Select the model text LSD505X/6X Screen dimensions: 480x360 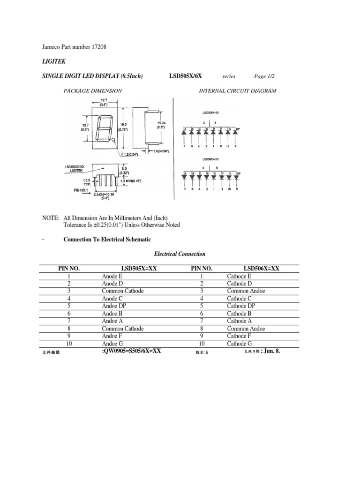tap(185, 76)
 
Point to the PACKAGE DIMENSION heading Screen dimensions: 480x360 tap(93, 91)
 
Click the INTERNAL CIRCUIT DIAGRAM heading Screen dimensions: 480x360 tap(238, 91)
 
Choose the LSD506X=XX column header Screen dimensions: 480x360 tap(260, 269)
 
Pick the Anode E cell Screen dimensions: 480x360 tap(112, 276)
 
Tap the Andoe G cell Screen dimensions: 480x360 tap(112, 344)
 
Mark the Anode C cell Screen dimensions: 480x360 tap(112, 299)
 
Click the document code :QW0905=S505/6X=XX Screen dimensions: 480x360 tap(131, 351)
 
